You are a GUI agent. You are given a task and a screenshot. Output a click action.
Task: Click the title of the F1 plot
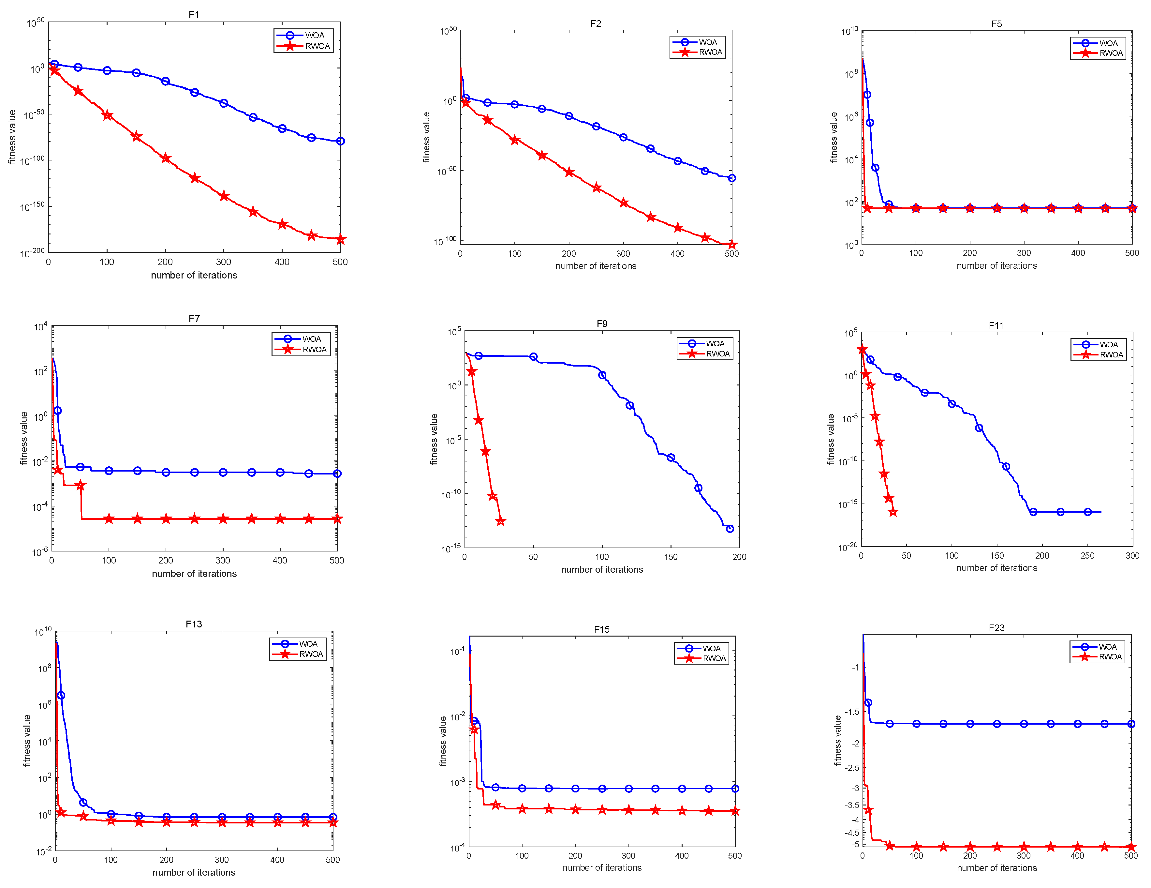[194, 15]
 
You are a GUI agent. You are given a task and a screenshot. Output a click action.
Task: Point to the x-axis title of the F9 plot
[602, 569]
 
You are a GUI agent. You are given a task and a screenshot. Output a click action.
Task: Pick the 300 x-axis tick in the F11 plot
[1132, 556]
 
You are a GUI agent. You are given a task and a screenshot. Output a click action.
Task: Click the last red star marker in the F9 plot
[501, 521]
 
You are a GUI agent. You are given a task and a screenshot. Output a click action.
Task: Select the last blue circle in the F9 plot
[730, 529]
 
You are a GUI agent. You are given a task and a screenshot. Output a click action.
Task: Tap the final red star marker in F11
[893, 512]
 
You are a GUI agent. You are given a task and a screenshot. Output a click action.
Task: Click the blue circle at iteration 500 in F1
[340, 141]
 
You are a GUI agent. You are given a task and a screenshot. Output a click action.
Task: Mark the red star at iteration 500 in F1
[340, 240]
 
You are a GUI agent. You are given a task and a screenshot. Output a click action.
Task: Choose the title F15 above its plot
[601, 630]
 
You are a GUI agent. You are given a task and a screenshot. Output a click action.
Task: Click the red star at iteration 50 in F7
[80, 486]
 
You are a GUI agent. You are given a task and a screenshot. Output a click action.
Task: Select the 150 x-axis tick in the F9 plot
[671, 557]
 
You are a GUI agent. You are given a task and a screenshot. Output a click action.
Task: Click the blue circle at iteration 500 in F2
[731, 178]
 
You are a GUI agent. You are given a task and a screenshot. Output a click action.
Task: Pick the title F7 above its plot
[194, 319]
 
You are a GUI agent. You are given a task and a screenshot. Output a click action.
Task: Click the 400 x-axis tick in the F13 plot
[277, 860]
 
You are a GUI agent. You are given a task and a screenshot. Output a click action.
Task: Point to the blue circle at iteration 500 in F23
[1131, 724]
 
